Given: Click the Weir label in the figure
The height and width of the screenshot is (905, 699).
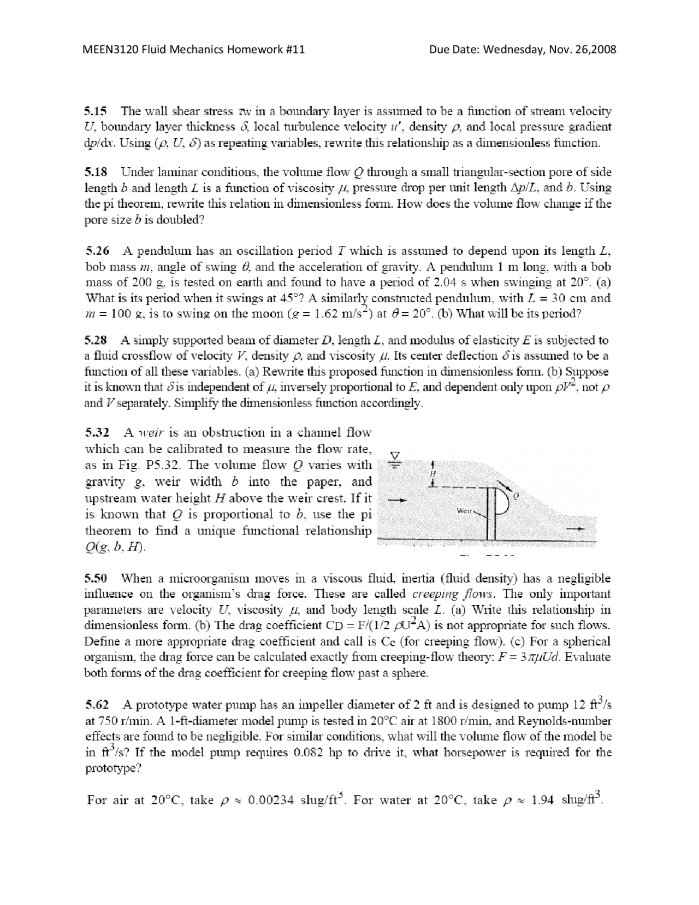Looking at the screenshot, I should click(x=463, y=510).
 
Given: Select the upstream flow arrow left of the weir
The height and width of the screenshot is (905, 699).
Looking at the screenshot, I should click(x=395, y=499).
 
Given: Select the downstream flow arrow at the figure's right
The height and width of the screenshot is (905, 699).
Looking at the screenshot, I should click(x=576, y=529).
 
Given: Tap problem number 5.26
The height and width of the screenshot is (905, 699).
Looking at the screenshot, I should click(x=98, y=251).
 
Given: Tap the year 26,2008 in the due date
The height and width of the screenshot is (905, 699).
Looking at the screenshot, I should click(x=595, y=50).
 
